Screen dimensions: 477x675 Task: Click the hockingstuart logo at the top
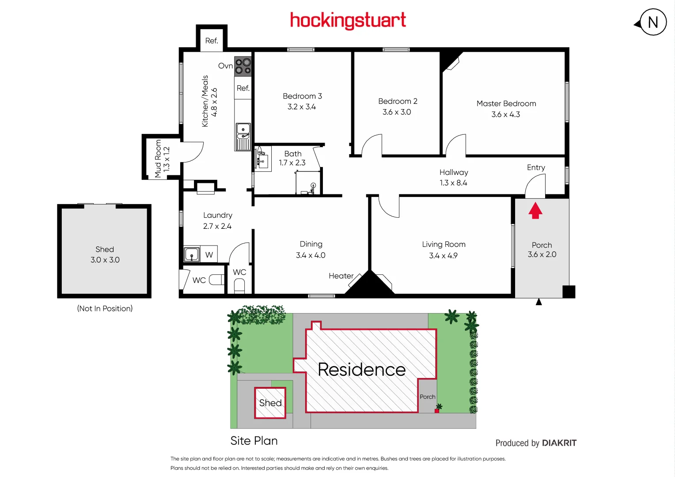coord(348,20)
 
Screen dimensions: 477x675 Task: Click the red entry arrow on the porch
coord(535,211)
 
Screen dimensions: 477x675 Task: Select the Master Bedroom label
coord(506,103)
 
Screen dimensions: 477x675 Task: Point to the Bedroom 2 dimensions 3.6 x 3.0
coord(397,112)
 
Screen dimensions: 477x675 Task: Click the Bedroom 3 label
coord(302,96)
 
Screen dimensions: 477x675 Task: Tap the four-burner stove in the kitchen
coord(243,66)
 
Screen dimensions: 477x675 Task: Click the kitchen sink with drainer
coord(243,136)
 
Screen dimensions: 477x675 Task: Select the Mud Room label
coord(158,159)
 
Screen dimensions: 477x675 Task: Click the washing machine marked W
coord(209,255)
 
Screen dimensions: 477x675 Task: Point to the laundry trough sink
coord(192,255)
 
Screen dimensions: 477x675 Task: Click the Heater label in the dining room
coord(341,276)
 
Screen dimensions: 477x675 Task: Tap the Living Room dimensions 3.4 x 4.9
coord(443,256)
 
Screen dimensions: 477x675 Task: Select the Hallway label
coord(454,172)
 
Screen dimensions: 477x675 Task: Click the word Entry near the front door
coord(536,167)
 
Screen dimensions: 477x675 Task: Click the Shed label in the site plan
coord(270,403)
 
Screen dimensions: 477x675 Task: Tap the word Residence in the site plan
coord(361,370)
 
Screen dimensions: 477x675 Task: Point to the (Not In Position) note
coord(105,308)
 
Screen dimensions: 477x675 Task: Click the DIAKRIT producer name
coord(559,443)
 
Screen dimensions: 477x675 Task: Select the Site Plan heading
coord(254,441)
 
